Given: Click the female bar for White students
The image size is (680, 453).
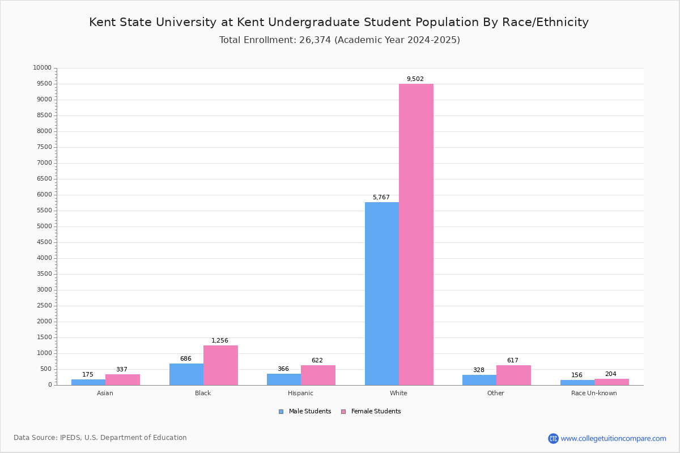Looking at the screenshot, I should click(416, 234).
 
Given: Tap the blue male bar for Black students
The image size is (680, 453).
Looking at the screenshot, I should click(186, 374).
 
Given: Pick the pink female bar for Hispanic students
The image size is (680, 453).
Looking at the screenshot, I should click(318, 375).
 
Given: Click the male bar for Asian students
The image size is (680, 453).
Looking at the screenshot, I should click(88, 382).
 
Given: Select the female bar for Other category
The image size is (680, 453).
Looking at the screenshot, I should click(513, 375).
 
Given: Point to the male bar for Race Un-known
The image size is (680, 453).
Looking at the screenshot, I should click(577, 383).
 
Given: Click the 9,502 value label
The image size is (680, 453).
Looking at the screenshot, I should click(415, 79).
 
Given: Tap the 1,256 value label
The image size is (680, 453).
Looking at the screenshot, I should click(220, 341).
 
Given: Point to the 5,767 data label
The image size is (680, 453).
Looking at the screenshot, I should click(381, 198).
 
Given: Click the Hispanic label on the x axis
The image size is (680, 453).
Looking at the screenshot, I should click(300, 394).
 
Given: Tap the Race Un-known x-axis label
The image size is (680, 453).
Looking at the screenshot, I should click(594, 394).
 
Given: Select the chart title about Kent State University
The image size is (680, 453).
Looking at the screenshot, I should click(339, 23).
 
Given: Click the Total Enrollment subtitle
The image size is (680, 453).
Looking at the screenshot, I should click(339, 40).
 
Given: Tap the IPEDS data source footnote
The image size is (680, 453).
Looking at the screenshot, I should click(100, 438).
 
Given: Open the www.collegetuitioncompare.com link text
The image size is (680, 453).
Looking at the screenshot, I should click(613, 439).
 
